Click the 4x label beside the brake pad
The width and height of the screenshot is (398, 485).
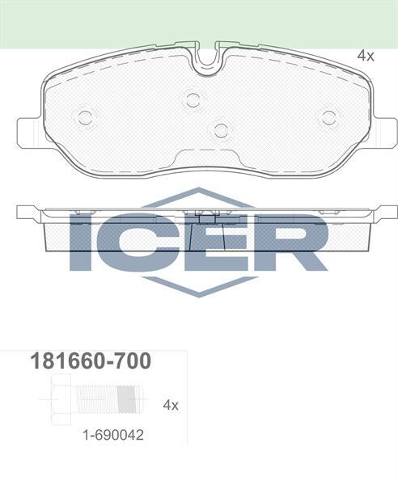[366, 56]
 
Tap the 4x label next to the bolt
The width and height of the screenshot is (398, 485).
[170, 403]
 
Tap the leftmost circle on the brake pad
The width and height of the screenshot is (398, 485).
[85, 117]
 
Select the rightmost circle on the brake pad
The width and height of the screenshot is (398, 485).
[328, 117]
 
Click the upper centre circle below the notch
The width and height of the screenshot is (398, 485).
[193, 99]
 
